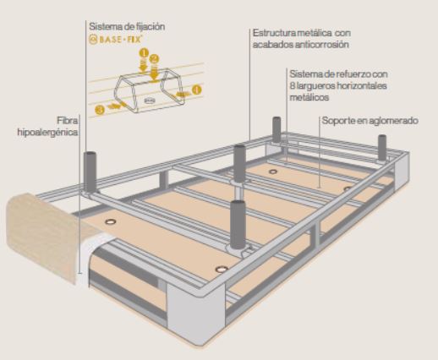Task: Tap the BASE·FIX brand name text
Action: point(120,40)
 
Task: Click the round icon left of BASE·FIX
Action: point(93,40)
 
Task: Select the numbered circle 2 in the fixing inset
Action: point(154,59)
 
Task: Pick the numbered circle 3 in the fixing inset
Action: point(100,109)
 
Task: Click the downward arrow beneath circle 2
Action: point(154,73)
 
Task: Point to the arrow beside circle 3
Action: point(115,106)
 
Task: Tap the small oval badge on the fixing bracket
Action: point(150,101)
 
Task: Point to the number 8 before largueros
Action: point(292,85)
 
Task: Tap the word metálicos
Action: point(309,97)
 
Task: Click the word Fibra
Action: point(68,121)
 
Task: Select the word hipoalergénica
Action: point(47,132)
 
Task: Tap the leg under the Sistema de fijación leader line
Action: point(90,172)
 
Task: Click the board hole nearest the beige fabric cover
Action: point(111,221)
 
